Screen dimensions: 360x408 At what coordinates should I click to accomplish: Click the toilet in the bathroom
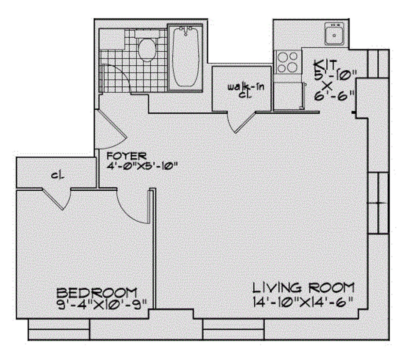(147, 49)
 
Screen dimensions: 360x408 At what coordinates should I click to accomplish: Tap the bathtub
(185, 57)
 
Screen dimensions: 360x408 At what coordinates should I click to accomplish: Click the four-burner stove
(287, 62)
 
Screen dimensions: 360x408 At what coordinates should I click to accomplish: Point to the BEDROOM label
(97, 293)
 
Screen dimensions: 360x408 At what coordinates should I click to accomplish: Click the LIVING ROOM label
(303, 288)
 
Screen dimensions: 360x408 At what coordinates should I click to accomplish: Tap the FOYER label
(126, 156)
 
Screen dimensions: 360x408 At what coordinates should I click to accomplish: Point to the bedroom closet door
(58, 199)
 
